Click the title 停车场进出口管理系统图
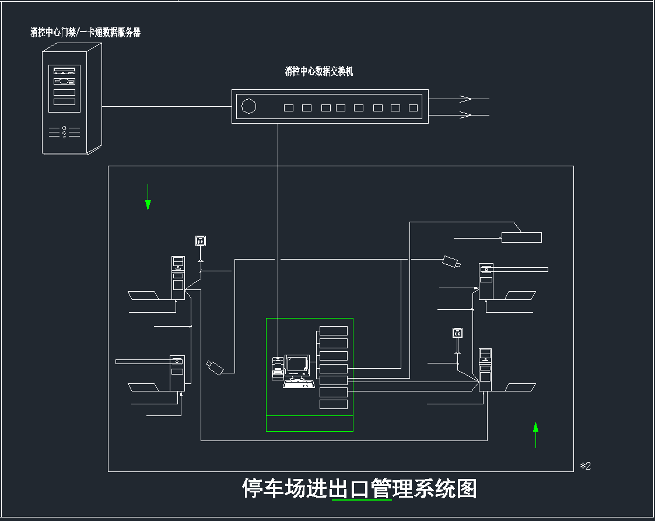click(x=359, y=488)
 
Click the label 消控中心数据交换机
click(x=319, y=72)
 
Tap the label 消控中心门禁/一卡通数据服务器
click(x=86, y=33)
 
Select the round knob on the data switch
click(x=249, y=107)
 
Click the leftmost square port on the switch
click(x=288, y=108)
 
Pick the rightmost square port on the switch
click(x=413, y=108)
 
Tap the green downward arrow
click(x=148, y=204)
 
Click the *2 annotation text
click(x=585, y=466)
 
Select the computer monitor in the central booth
click(x=297, y=364)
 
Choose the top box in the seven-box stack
click(x=334, y=331)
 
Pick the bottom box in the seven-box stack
click(x=334, y=404)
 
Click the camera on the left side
click(x=215, y=367)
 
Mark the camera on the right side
click(x=451, y=261)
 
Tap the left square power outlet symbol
click(x=201, y=240)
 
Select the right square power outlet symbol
click(x=458, y=333)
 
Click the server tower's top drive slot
click(x=64, y=71)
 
